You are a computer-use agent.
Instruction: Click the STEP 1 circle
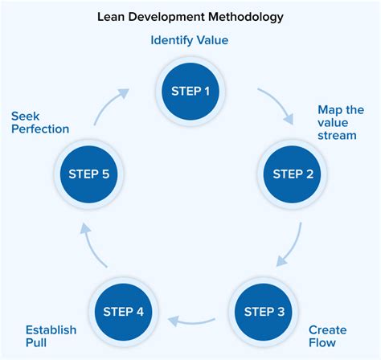(x=190, y=91)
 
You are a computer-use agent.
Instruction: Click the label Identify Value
(x=190, y=39)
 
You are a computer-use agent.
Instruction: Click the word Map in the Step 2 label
(x=330, y=109)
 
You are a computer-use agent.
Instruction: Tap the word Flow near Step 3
(x=322, y=344)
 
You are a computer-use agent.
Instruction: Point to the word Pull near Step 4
(x=37, y=344)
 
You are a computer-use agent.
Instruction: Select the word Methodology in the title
(x=244, y=14)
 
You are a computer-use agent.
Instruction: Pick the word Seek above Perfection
(x=26, y=114)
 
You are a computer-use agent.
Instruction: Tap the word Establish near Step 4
(x=51, y=329)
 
